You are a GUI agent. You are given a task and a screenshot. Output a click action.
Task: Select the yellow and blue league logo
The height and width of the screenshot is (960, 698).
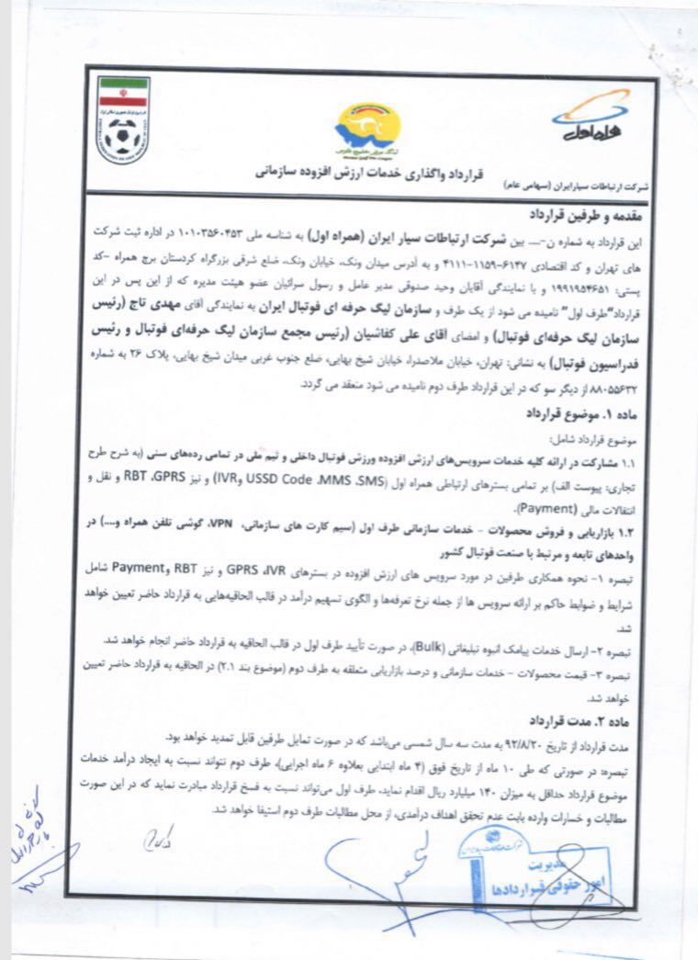point(366,129)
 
